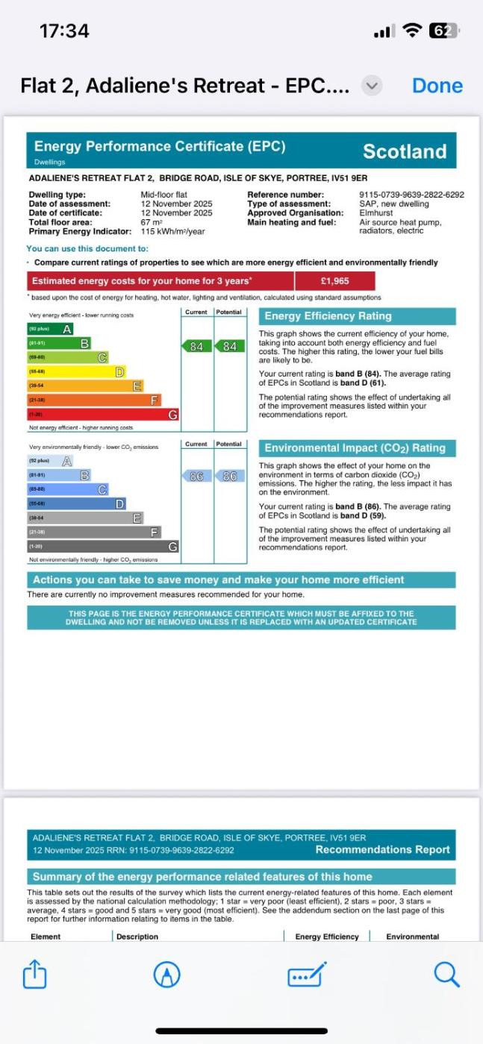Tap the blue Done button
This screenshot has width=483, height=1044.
(x=437, y=86)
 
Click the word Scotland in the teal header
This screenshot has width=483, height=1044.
(x=404, y=151)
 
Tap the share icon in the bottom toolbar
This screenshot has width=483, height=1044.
(x=35, y=974)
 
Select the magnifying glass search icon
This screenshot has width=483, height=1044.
(x=446, y=974)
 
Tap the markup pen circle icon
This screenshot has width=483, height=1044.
(x=167, y=974)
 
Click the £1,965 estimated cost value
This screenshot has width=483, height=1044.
(x=334, y=281)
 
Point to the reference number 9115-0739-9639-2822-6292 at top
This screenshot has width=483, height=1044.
(x=411, y=195)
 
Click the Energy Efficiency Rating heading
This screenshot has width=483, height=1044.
(x=328, y=316)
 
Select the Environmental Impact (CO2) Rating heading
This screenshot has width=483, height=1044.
(x=355, y=448)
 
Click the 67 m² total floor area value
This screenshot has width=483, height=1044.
(x=152, y=222)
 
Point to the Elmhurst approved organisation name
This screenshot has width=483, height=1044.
(x=376, y=213)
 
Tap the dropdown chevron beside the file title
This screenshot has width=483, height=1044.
(x=371, y=86)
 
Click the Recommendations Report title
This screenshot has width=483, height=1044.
(x=382, y=849)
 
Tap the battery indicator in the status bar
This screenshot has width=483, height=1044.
(x=443, y=31)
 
